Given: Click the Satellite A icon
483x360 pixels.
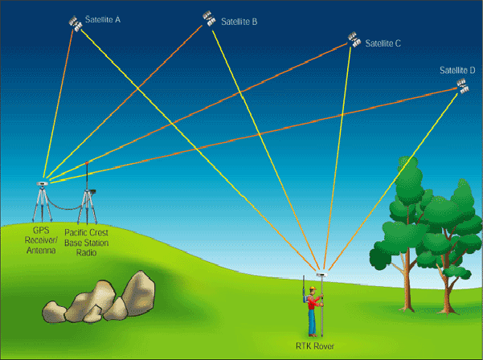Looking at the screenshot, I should tap(75, 22).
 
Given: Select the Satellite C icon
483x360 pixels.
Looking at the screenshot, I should tap(353, 38).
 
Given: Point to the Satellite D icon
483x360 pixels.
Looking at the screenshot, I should tap(461, 86).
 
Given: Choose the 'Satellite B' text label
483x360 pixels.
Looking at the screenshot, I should tap(237, 22).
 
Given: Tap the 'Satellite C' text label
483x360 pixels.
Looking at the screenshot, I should tap(383, 43).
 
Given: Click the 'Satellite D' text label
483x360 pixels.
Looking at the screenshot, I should tap(457, 71).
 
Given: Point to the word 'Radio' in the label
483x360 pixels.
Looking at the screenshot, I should tap(86, 252).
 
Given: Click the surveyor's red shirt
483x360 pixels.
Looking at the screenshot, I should tap(312, 304).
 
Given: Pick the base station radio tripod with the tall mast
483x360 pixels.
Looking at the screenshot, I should tap(87, 201).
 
